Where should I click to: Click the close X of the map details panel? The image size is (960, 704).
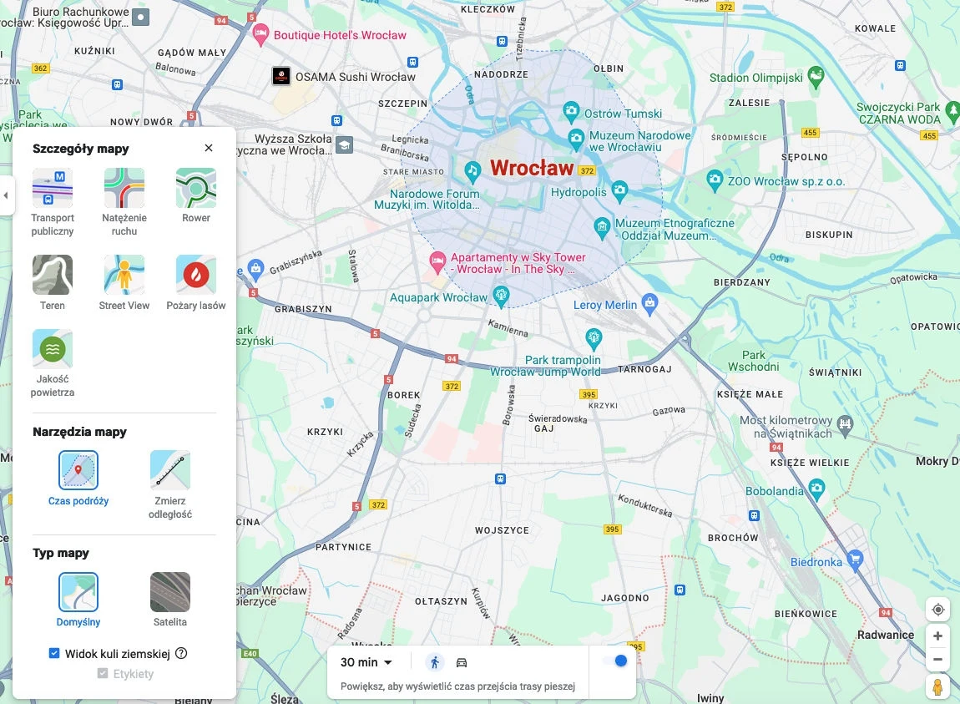[x=209, y=148]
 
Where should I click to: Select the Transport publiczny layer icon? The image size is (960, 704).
[x=53, y=188]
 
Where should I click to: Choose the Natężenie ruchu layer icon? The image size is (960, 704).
[x=124, y=188]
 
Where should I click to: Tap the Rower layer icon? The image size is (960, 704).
[x=196, y=188]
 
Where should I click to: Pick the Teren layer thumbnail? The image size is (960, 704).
[x=53, y=275]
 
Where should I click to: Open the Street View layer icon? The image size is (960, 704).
[x=124, y=275]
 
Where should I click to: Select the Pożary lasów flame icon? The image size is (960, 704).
[x=196, y=275]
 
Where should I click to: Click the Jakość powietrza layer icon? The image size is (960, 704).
[x=53, y=349]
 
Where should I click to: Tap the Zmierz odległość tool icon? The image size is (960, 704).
[x=170, y=470]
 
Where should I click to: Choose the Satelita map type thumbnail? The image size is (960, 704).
[x=170, y=592]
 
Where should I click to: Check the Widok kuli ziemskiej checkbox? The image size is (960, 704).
[x=54, y=653]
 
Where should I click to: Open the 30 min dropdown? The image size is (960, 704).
[x=366, y=662]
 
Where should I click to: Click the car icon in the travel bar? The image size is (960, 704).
[x=462, y=662]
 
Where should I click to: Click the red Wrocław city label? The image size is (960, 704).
[x=532, y=168]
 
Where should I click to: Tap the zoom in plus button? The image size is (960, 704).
[x=937, y=636]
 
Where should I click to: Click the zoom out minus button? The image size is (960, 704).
[x=937, y=659]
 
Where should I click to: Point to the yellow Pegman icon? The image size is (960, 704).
[x=937, y=687]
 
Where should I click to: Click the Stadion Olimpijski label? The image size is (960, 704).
[x=755, y=78]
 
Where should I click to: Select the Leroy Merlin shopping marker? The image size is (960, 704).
[x=649, y=302]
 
